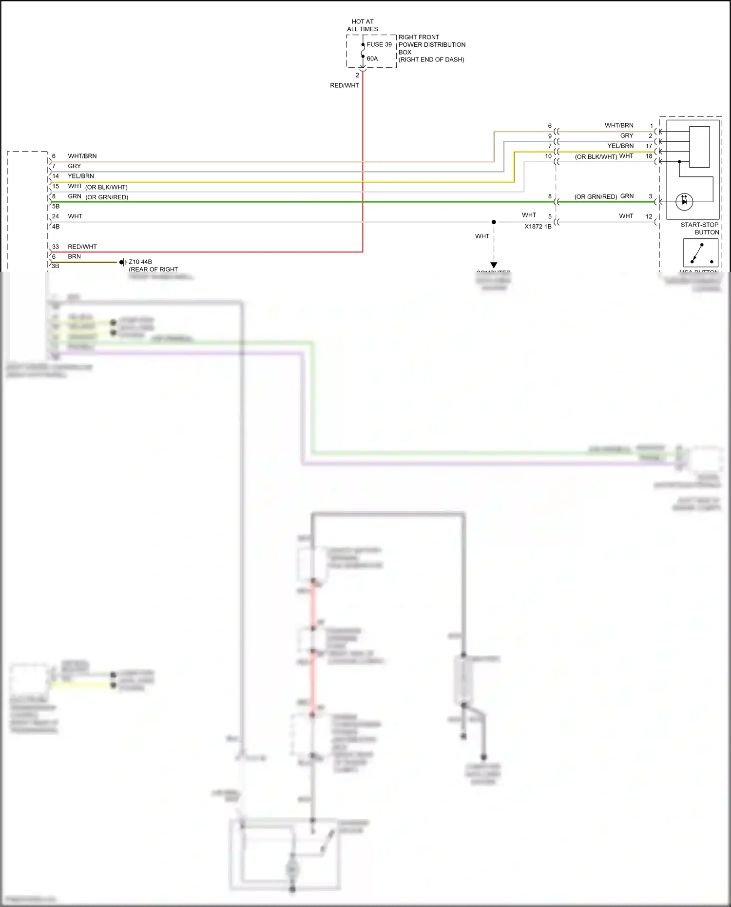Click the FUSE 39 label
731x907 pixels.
coord(379,44)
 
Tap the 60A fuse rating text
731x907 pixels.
coord(372,58)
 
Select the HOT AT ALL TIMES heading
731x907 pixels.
coord(362,25)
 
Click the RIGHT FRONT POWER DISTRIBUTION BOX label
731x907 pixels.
coord(431,48)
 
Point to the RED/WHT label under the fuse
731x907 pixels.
coord(344,85)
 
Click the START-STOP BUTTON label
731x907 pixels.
coord(699,229)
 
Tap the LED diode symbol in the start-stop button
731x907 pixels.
coord(684,201)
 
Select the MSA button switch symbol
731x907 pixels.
coord(701,253)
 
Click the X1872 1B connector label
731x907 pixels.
coord(538,227)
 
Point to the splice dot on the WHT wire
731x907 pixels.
coord(494,222)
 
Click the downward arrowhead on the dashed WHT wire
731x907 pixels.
coord(494,265)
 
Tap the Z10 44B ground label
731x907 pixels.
coord(140,262)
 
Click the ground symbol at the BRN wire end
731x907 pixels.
coord(123,262)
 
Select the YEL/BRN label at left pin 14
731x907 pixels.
coord(81,176)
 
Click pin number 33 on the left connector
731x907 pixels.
coord(56,247)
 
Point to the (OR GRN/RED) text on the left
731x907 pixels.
coord(107,197)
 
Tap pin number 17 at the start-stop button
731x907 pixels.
coord(649,146)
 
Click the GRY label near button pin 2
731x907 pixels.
coord(627,136)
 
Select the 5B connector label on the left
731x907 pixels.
coord(56,206)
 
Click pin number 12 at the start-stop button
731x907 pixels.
coord(649,216)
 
